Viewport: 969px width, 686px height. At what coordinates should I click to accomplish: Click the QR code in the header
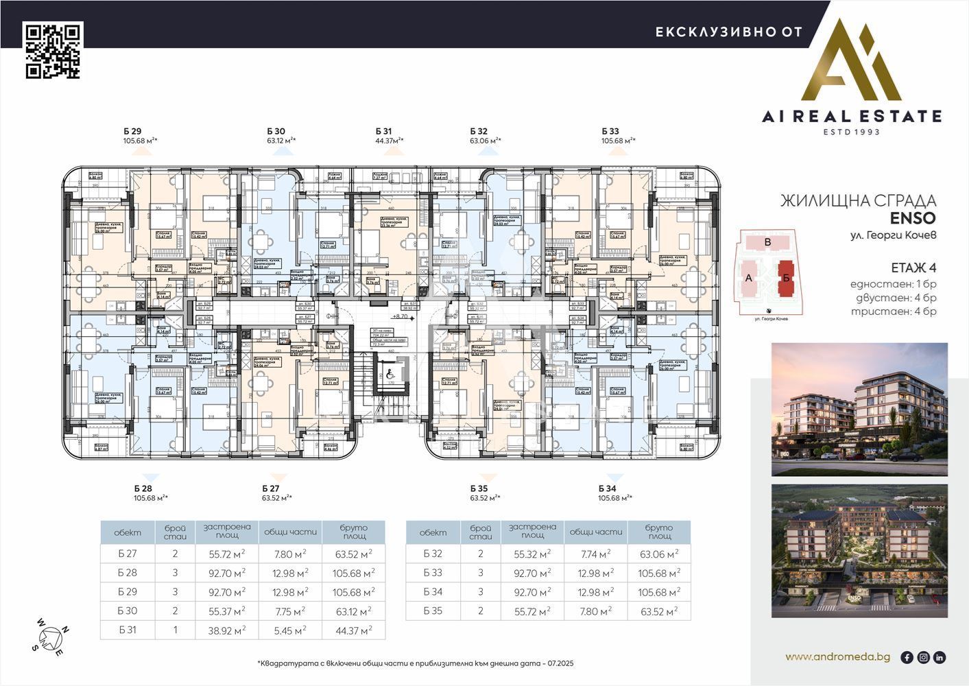click(53, 51)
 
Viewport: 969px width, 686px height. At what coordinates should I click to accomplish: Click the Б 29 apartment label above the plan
click(132, 131)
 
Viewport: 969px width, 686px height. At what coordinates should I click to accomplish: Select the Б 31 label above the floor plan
click(383, 131)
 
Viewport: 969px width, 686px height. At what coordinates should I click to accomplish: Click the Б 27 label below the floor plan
click(270, 488)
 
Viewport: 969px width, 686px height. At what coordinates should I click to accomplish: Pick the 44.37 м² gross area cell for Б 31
click(352, 630)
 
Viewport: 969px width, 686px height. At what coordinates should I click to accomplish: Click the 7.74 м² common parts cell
click(595, 554)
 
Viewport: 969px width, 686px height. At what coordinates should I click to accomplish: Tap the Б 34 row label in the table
click(433, 592)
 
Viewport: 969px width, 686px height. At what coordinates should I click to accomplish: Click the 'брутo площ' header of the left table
click(352, 532)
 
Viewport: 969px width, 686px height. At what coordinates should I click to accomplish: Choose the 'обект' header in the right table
click(433, 532)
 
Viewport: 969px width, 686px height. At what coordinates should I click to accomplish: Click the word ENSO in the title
click(912, 219)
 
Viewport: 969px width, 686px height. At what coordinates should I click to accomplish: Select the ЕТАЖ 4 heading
click(913, 268)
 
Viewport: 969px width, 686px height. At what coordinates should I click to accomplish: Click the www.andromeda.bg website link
click(837, 657)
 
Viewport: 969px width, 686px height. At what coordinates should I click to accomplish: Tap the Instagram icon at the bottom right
click(923, 657)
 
